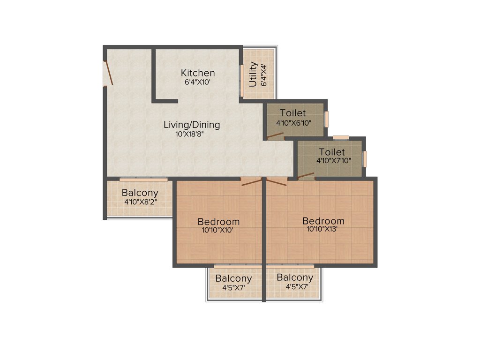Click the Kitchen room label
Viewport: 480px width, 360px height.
click(198, 73)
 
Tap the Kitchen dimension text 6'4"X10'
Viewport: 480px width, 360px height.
click(198, 82)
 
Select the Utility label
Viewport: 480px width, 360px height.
click(253, 74)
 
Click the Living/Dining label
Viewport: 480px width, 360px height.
click(192, 125)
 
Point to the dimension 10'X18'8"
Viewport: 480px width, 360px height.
click(190, 134)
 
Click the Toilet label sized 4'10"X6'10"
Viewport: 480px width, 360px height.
click(293, 113)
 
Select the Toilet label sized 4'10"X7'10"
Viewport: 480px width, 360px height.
click(332, 152)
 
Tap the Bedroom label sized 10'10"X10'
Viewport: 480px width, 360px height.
click(218, 222)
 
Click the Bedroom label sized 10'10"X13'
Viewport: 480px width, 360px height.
click(323, 221)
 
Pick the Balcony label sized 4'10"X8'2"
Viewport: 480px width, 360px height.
click(140, 193)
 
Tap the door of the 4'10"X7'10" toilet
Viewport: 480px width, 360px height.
click(306, 176)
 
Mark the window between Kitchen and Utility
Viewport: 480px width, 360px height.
click(242, 79)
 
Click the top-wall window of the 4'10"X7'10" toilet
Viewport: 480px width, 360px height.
click(341, 137)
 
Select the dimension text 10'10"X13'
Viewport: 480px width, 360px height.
click(323, 230)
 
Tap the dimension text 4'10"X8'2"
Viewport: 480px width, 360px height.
click(140, 202)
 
